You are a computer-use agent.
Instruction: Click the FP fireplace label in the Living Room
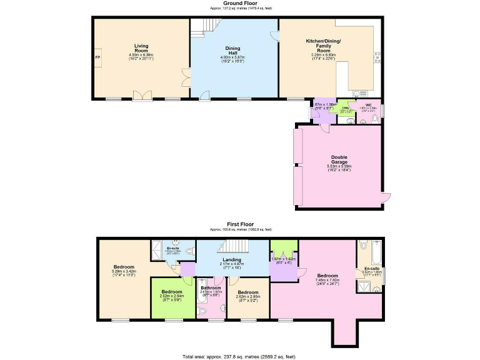[x=97, y=57]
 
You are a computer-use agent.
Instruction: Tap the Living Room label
[x=141, y=48]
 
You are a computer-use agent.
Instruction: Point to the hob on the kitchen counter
[x=377, y=58]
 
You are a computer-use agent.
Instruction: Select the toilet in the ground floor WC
[x=375, y=117]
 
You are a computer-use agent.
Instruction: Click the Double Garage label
[x=339, y=159]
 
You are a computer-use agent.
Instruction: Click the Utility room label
[x=345, y=107]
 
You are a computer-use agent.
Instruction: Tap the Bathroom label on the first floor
[x=210, y=287]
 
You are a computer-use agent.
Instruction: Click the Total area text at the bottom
[x=239, y=356]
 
